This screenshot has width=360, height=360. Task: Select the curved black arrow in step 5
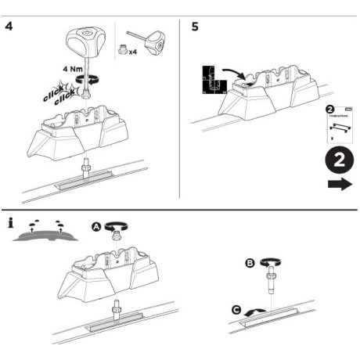[236, 74]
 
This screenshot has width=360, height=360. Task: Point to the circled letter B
[250, 265]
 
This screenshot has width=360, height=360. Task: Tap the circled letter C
[236, 309]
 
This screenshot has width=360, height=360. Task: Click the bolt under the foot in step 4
[85, 169]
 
